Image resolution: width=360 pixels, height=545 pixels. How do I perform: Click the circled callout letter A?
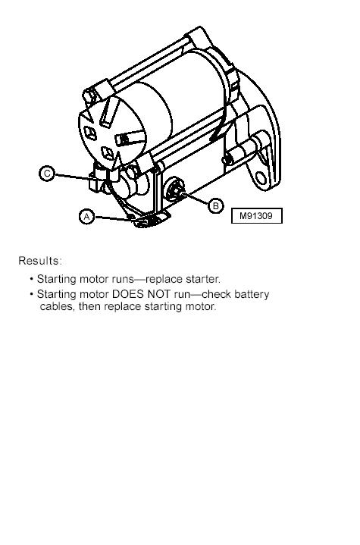[x=86, y=217]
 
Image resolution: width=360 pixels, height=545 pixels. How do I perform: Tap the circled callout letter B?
[x=216, y=205]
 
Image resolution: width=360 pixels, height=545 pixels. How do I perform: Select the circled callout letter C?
[x=47, y=173]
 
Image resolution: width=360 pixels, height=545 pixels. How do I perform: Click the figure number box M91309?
[x=257, y=216]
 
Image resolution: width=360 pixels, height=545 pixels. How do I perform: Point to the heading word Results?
[x=40, y=261]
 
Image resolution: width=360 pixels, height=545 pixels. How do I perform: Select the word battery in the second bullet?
[x=252, y=295]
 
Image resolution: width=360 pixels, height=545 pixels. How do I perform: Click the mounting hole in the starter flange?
[x=261, y=177]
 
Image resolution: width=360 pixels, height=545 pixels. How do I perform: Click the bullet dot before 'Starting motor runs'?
[x=32, y=279]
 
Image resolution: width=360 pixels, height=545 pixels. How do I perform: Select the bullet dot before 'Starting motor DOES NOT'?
[x=32, y=294]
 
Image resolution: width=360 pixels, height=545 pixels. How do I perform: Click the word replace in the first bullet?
[x=164, y=280]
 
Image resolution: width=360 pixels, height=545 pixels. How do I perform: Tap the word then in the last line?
[x=90, y=306]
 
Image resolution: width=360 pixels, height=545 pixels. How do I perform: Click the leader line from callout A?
[x=113, y=218]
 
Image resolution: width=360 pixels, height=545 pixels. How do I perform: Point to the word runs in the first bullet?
[x=123, y=280]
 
